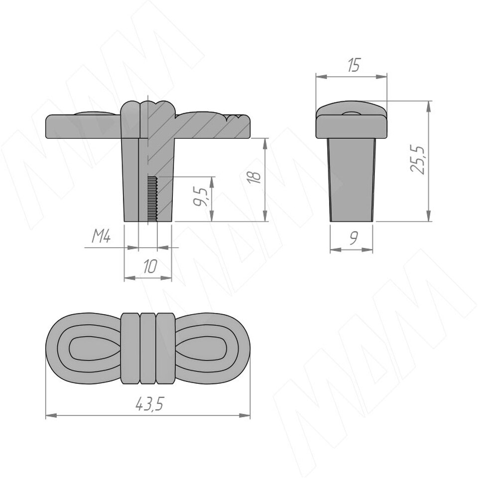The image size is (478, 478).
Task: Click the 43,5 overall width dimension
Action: pos(149,404)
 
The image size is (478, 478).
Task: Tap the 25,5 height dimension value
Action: pos(417,160)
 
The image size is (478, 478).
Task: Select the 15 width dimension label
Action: pos(354,65)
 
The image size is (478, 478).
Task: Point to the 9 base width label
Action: pos(354,238)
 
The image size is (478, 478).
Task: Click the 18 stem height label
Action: pos(254,176)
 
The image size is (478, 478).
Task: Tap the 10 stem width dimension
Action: pos(150,266)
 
